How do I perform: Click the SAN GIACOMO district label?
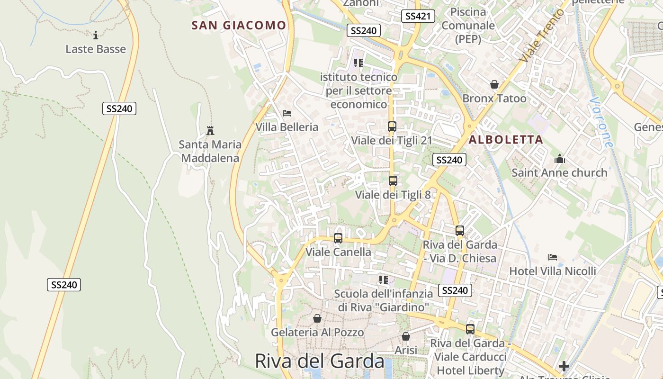(239, 26)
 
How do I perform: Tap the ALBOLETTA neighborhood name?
(506, 140)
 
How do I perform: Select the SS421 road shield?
(417, 16)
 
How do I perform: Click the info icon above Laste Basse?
(96, 35)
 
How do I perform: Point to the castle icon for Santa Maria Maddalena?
(210, 130)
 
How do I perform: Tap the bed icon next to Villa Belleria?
(287, 113)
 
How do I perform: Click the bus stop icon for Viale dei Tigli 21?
(392, 126)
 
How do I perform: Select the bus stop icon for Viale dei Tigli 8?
(393, 180)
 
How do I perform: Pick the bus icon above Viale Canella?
(338, 238)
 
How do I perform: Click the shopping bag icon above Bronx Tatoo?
(494, 84)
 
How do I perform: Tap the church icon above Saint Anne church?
(559, 159)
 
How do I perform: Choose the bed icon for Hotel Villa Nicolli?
(553, 257)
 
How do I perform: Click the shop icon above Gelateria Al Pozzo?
(317, 318)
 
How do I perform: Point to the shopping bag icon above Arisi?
(406, 336)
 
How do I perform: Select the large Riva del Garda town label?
(320, 361)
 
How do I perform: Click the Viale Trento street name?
(542, 36)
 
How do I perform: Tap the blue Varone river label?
(602, 122)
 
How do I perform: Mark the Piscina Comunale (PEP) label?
(468, 26)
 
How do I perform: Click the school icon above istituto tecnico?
(358, 63)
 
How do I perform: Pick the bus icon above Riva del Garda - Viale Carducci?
(470, 329)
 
